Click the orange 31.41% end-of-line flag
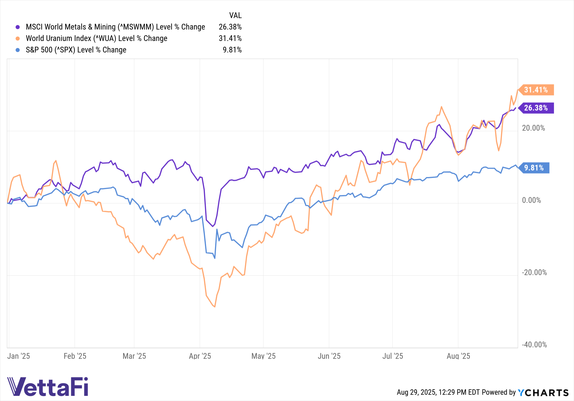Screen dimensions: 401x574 (536, 90)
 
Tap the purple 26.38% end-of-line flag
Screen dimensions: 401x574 (536, 108)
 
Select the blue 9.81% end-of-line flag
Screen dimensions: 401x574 (534, 168)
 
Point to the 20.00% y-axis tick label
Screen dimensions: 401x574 (533, 128)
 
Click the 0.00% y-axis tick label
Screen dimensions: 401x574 (531, 200)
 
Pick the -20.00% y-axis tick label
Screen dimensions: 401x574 (534, 273)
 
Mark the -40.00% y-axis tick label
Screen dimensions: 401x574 (534, 345)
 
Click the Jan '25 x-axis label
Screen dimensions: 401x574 (19, 356)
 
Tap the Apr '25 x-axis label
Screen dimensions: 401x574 (200, 356)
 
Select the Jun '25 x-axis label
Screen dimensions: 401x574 (329, 356)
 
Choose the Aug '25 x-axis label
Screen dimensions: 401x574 (458, 356)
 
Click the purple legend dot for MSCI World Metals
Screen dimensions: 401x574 (18, 27)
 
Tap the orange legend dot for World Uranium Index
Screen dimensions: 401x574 (18, 38)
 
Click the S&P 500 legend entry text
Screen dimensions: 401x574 (76, 50)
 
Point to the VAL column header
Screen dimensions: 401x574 (235, 15)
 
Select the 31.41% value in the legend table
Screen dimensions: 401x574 (230, 38)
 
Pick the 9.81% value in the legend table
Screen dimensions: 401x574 (232, 50)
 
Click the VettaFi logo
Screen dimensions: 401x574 (48, 386)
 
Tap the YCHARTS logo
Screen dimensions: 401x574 (543, 392)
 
